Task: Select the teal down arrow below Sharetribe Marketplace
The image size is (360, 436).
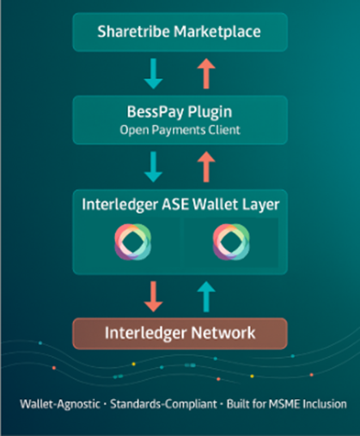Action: click(154, 74)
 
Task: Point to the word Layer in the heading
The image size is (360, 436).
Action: click(260, 205)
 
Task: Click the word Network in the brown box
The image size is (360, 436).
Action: click(222, 331)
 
